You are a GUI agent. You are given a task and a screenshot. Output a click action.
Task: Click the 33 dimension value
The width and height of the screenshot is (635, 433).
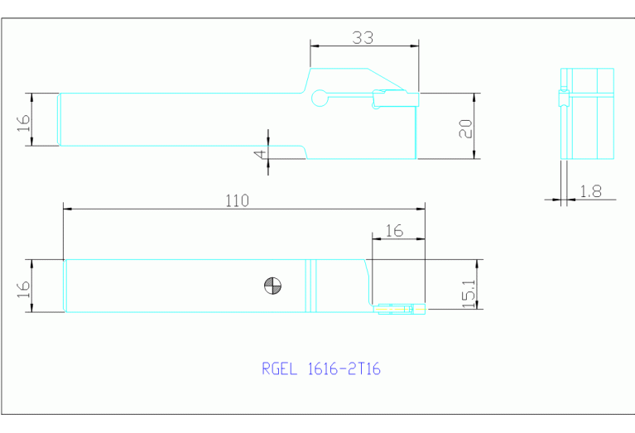pyautogui.click(x=363, y=37)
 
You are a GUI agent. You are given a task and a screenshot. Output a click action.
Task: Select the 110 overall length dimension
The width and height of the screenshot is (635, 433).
pyautogui.click(x=237, y=200)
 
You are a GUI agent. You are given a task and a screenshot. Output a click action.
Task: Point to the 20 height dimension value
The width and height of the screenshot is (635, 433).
pyautogui.click(x=465, y=127)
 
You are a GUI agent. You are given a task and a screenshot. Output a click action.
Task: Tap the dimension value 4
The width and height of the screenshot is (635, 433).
pyautogui.click(x=260, y=153)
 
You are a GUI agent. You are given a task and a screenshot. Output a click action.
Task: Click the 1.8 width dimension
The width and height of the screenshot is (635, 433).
pyautogui.click(x=590, y=190)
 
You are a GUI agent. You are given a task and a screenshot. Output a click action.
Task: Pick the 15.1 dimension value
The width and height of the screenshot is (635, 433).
pyautogui.click(x=469, y=294)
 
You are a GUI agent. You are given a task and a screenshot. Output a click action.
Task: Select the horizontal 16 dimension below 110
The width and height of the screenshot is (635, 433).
pyautogui.click(x=394, y=231)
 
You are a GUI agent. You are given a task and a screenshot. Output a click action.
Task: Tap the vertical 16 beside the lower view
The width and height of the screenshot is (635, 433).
pyautogui.click(x=24, y=286)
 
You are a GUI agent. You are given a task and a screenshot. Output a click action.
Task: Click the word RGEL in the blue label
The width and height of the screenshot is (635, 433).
pyautogui.click(x=278, y=369)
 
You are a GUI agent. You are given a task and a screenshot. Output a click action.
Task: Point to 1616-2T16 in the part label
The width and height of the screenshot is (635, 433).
pyautogui.click(x=342, y=369)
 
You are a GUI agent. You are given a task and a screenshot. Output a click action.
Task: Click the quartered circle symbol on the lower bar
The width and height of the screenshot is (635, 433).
pyautogui.click(x=272, y=286)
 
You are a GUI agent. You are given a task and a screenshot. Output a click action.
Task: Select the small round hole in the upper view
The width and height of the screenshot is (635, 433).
pyautogui.click(x=319, y=99)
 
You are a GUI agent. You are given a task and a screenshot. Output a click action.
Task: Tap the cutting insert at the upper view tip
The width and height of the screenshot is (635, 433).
pyautogui.click(x=394, y=99)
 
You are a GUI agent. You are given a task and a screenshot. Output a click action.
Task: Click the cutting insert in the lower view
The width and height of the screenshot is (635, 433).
pyautogui.click(x=393, y=309)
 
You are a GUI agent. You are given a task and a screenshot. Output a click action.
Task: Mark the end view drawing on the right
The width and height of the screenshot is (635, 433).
pyautogui.click(x=587, y=113)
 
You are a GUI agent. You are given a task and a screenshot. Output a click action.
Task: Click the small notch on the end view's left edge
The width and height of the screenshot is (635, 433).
pyautogui.click(x=563, y=99)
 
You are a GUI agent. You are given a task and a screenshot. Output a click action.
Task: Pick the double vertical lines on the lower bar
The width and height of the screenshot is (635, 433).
pyautogui.click(x=310, y=286)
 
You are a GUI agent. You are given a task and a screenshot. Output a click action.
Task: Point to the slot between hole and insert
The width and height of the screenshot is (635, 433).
pyautogui.click(x=349, y=99)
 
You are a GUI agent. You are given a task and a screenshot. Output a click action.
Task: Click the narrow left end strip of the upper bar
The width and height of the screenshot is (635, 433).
pyautogui.click(x=58, y=119)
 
